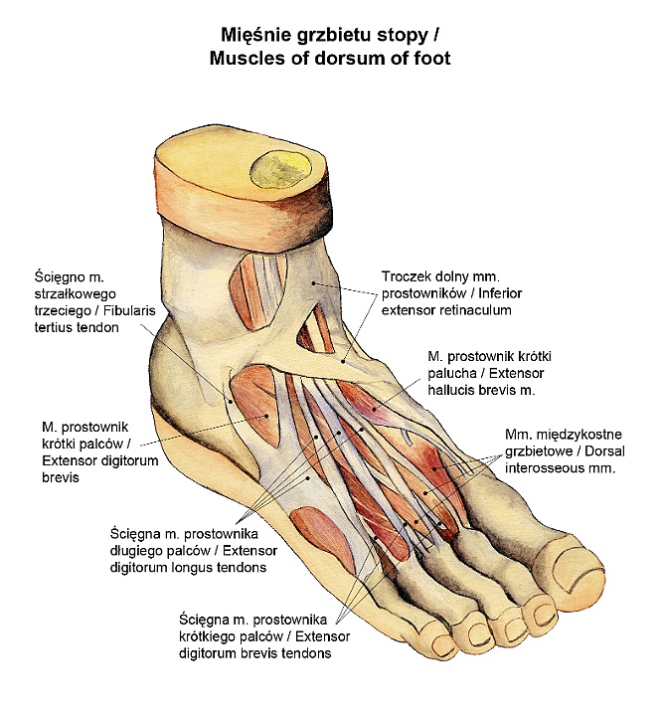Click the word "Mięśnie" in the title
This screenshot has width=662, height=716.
(x=254, y=36)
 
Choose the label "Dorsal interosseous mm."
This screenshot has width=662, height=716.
(x=563, y=457)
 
